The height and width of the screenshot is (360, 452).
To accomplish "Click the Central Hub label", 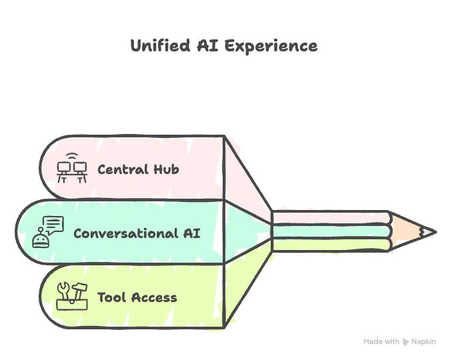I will [138, 169].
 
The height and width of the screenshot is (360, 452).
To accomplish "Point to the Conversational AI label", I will [136, 233].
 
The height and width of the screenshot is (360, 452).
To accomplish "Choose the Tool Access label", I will [137, 297].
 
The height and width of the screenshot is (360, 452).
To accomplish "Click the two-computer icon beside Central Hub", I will [72, 172].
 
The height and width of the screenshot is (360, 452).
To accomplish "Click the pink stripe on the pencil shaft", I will [331, 219].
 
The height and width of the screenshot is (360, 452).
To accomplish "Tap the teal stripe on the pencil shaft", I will [331, 232].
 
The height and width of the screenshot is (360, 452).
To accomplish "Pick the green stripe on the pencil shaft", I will [331, 245].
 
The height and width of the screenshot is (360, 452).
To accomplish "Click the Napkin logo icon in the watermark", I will [406, 342].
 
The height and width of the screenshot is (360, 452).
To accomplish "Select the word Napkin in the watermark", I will [424, 341].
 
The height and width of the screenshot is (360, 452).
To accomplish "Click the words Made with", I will [382, 341].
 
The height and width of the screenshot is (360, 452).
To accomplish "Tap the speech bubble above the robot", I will [54, 225].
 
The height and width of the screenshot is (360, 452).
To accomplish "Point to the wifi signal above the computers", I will [72, 158].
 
